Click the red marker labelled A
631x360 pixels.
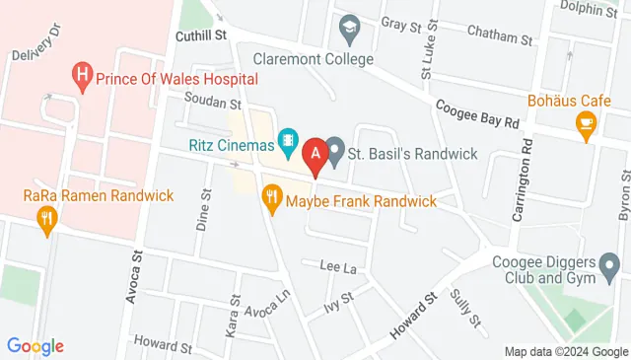[x=315, y=154]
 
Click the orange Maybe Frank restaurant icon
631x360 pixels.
[x=272, y=200]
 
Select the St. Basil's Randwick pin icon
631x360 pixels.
[x=334, y=152]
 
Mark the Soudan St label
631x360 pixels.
[x=212, y=102]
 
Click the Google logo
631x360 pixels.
[x=35, y=346]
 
